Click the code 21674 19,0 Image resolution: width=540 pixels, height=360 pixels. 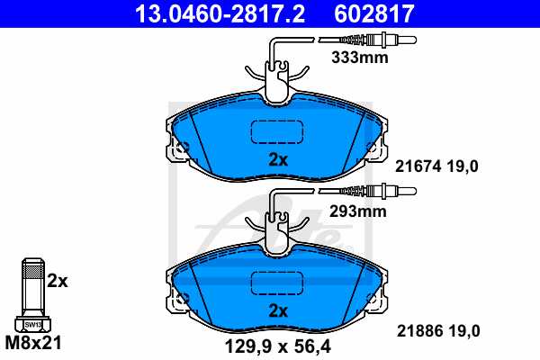click(438, 165)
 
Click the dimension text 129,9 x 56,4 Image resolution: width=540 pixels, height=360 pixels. click(277, 344)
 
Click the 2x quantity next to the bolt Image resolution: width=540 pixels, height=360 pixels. click(58, 280)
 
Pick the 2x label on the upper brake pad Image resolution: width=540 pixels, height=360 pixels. click(277, 160)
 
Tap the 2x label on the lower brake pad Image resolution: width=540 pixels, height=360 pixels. click(277, 310)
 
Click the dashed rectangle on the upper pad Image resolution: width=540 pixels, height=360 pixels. click(278, 131)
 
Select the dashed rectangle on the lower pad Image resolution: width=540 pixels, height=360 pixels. click(278, 282)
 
